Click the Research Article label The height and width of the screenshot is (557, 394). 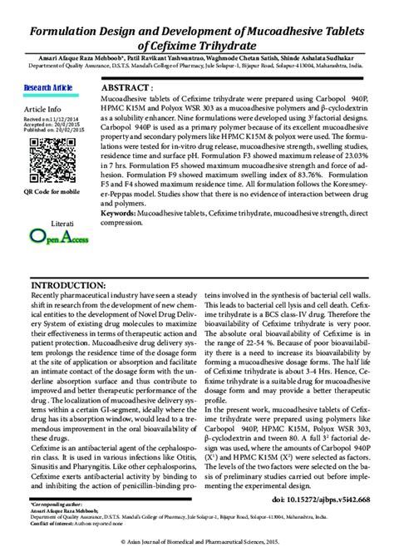click(x=49, y=86)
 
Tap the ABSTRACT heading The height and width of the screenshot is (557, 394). click(x=126, y=87)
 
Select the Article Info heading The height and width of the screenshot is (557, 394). click(x=42, y=109)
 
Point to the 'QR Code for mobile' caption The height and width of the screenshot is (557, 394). click(x=52, y=191)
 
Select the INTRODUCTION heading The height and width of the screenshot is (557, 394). click(x=62, y=284)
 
